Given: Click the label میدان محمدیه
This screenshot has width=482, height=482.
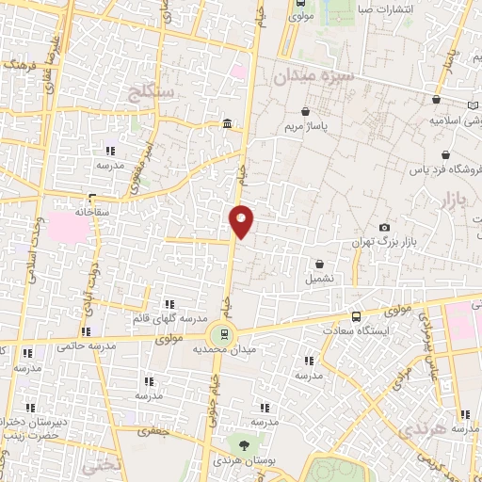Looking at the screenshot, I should click(x=223, y=348).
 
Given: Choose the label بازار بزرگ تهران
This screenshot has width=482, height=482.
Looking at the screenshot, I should click(x=383, y=243).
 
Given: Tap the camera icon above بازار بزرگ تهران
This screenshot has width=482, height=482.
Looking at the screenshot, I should click(x=384, y=228).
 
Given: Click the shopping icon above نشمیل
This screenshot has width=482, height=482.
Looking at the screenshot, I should click(x=319, y=265).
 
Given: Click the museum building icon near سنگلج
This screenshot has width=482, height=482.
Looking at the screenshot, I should click(x=227, y=123).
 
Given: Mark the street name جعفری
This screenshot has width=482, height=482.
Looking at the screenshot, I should click(x=151, y=431).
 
